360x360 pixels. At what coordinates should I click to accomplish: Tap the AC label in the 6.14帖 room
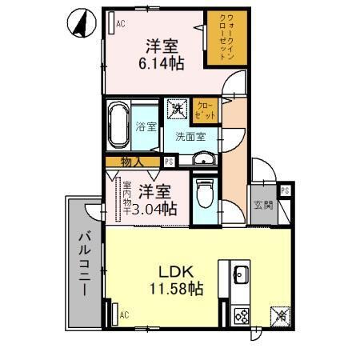pyautogui.click(x=121, y=24)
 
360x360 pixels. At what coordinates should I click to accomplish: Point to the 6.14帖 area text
pyautogui.click(x=162, y=62)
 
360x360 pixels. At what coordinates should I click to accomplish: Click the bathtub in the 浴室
pyautogui.click(x=118, y=125)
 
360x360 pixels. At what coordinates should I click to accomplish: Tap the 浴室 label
pyautogui.click(x=146, y=126)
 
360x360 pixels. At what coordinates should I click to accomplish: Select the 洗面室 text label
pyautogui.click(x=190, y=135)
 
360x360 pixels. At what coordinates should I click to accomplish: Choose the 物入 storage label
pyautogui.click(x=132, y=162)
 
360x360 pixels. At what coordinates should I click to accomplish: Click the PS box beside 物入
pyautogui.click(x=169, y=162)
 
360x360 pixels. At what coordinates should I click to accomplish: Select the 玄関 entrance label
pyautogui.click(x=263, y=204)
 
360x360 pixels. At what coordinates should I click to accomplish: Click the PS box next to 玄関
pyautogui.click(x=285, y=190)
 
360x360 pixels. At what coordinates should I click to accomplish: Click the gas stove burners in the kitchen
pyautogui.click(x=240, y=315)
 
